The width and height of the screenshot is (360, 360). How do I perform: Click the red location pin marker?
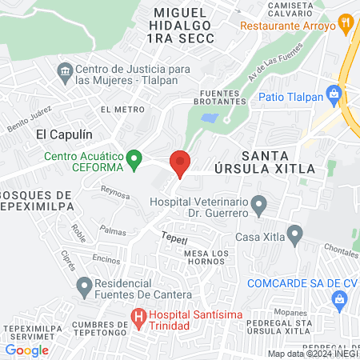[180, 162]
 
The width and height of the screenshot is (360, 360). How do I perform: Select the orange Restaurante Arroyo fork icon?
[346, 24]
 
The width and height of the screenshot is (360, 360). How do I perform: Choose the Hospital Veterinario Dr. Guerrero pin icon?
[258, 207]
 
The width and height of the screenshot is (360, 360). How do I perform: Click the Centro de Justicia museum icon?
[65, 74]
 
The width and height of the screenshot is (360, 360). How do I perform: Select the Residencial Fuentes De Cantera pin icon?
[83, 284]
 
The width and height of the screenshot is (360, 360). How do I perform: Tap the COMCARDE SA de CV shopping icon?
[338, 299]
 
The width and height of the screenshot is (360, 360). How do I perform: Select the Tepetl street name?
[174, 238]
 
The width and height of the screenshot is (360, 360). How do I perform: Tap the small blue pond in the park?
[209, 118]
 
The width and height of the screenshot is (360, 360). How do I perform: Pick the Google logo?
[27, 350]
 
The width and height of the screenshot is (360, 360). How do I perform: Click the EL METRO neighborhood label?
[118, 107]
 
